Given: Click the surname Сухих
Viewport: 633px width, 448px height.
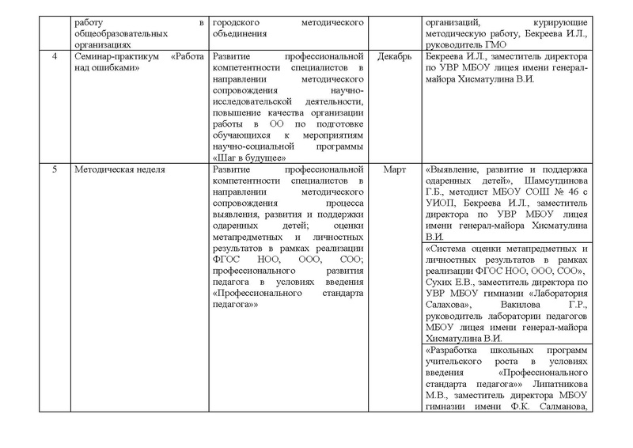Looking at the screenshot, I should coord(439,281).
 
